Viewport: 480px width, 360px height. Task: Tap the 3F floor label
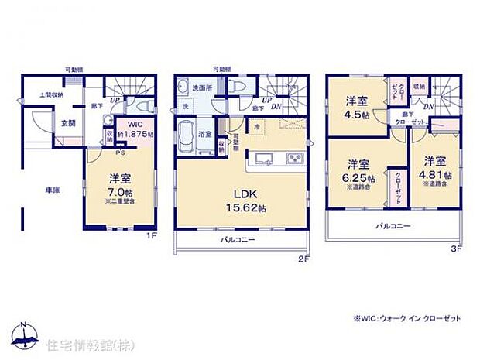pyautogui.click(x=458, y=249)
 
